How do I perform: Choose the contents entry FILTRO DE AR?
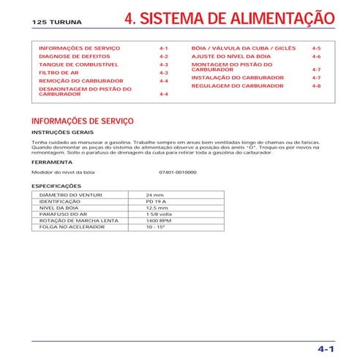[x=57, y=73]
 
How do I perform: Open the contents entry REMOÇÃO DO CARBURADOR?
[x=80, y=80]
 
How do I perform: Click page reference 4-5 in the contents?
[x=316, y=47]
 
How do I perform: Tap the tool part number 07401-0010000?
[x=177, y=172]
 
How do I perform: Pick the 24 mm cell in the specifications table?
[x=155, y=195]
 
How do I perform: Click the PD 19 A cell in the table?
[x=157, y=202]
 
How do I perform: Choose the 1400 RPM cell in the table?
[x=159, y=221]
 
